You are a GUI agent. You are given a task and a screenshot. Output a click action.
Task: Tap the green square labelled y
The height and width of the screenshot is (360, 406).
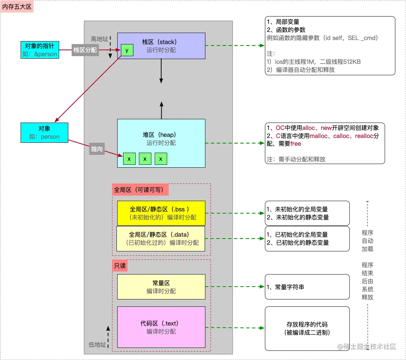127,51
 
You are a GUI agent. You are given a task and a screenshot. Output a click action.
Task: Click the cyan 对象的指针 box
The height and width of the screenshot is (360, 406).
39,50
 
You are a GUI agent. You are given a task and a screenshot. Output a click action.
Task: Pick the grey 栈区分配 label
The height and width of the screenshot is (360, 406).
85,50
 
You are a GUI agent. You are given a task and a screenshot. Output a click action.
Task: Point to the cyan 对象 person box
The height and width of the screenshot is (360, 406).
44,133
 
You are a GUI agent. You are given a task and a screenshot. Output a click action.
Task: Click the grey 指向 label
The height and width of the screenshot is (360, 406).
97,149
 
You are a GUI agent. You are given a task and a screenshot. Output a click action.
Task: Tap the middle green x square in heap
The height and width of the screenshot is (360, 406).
145,159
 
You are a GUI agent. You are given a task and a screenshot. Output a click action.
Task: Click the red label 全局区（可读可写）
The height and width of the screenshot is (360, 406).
140,190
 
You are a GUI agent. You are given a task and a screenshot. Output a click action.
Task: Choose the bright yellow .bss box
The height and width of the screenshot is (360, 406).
161,213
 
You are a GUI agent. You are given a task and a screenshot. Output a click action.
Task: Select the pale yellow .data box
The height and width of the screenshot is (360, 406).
161,239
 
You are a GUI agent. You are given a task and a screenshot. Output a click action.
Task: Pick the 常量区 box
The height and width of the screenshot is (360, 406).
161,287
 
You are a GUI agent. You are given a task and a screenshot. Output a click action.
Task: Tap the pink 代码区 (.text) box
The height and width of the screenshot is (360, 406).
161,327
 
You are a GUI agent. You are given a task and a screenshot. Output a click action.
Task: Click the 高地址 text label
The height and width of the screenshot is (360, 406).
100,39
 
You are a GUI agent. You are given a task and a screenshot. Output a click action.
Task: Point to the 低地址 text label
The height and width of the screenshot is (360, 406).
97,345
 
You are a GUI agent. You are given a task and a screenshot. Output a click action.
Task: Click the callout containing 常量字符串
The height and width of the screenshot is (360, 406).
307,287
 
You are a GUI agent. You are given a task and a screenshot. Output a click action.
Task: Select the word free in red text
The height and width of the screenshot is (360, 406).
295,144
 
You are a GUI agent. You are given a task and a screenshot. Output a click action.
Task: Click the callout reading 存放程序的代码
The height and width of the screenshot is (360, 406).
307,328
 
